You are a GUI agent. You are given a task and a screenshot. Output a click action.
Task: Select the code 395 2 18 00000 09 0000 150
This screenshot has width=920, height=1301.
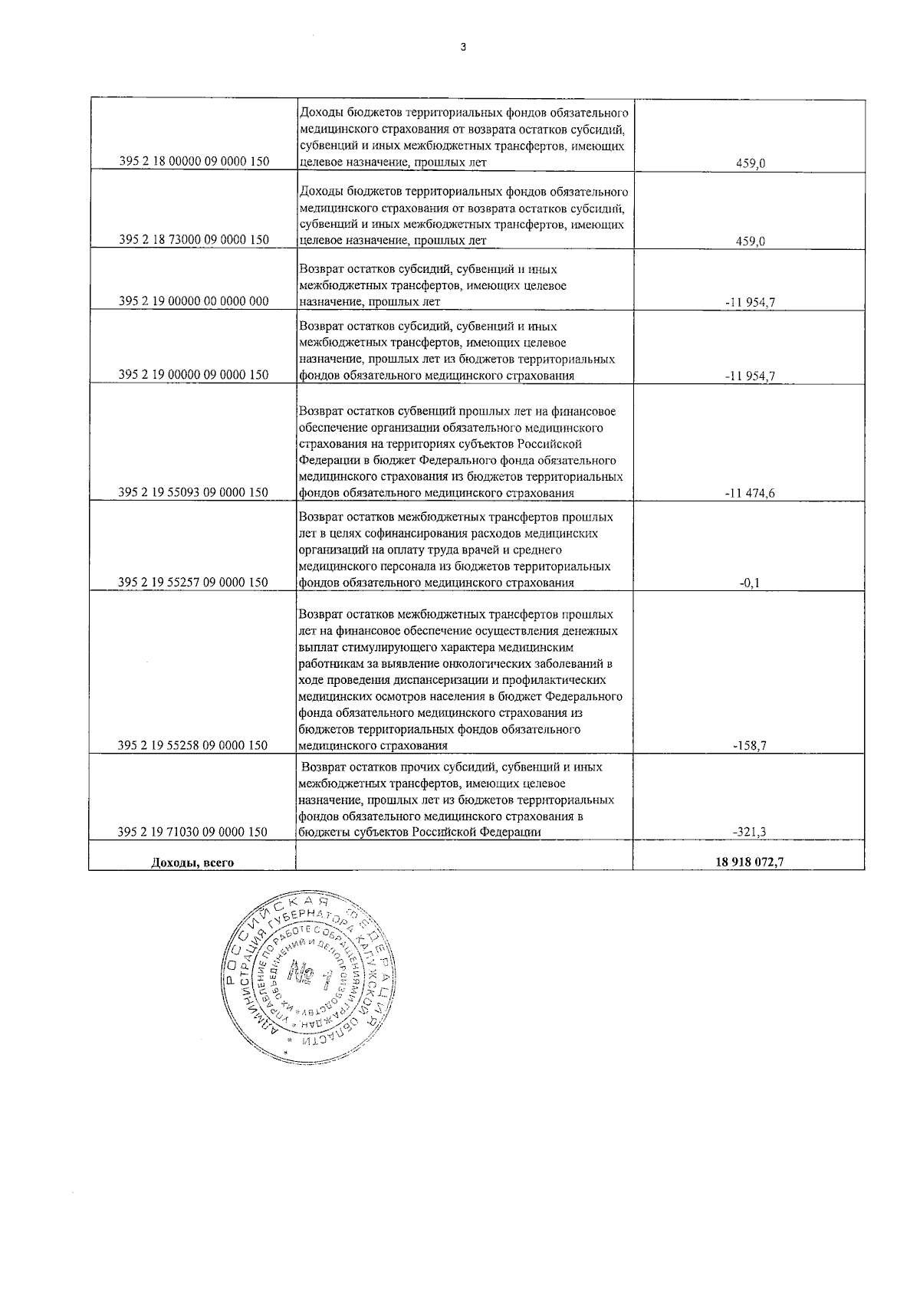pos(194,163)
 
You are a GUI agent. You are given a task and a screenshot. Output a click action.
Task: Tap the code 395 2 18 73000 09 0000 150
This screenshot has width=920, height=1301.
pos(194,240)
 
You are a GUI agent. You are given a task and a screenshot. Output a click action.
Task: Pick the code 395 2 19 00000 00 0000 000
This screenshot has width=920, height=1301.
pos(194,301)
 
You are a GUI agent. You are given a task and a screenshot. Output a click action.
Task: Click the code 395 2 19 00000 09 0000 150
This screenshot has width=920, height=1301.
pos(194,375)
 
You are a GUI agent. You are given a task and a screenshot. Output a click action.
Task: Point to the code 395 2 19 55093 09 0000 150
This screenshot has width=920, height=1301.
pos(194,492)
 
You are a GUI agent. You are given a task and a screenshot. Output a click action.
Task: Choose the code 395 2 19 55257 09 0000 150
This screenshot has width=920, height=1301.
pos(194,582)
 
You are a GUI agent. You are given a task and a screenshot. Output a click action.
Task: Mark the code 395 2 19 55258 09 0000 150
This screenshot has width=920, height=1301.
pos(194,744)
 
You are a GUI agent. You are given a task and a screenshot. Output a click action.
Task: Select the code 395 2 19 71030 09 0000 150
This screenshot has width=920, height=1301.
pos(194,832)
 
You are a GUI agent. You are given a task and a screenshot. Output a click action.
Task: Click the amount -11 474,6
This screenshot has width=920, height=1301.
pos(749,493)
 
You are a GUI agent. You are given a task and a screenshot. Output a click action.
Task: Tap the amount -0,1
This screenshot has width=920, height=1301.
pos(749,583)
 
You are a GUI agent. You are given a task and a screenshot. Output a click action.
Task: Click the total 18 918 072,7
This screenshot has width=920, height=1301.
pos(748,862)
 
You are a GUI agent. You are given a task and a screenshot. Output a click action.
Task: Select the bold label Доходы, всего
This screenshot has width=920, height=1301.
pos(192,862)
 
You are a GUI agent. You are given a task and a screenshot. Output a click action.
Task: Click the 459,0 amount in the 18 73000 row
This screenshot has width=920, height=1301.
pos(751,241)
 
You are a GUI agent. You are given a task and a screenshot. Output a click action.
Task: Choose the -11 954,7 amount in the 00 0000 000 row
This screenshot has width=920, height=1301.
pos(749,302)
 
